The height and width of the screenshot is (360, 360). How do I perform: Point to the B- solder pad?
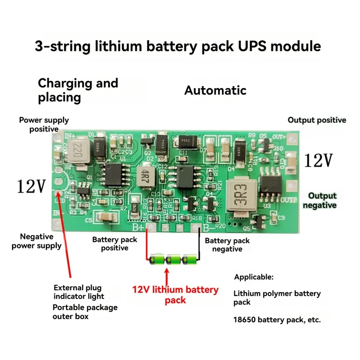click(196, 230)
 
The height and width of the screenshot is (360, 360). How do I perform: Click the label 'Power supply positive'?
click(44, 125)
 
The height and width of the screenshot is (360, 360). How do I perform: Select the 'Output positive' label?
click(317, 120)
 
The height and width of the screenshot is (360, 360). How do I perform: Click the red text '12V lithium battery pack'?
click(175, 295)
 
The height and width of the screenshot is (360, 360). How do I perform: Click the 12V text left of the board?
click(31, 186)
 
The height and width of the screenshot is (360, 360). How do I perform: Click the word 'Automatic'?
click(215, 90)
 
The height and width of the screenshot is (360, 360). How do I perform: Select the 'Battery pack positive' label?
click(114, 244)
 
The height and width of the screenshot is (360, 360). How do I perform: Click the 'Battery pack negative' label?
click(227, 245)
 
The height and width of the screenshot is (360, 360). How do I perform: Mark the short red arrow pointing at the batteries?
click(167, 275)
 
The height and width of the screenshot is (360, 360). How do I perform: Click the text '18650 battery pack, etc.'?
click(277, 320)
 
